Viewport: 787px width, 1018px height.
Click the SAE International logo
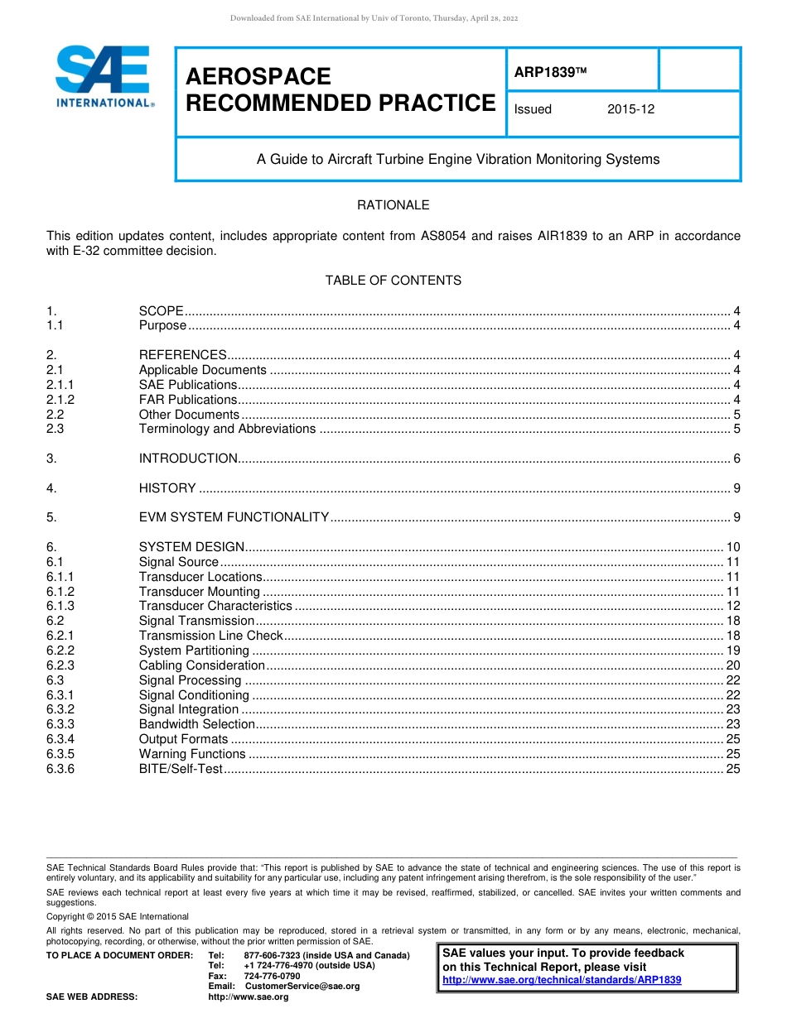coord(103,77)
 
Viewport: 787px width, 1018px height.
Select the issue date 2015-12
coord(630,109)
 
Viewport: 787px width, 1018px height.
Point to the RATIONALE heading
coord(393,205)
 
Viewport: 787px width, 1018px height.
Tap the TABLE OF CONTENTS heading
coord(393,281)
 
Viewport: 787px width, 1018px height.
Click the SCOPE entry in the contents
coord(161,311)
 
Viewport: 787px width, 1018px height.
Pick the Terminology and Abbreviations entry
coord(227,429)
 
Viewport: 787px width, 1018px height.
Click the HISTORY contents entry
coord(167,488)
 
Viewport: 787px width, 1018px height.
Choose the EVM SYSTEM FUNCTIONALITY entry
coord(234,517)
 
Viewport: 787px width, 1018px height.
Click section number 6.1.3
coord(60,607)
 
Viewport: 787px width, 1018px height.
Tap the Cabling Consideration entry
coord(202,665)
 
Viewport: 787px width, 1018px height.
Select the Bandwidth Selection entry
coord(196,724)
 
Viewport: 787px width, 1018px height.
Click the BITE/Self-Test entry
coord(181,769)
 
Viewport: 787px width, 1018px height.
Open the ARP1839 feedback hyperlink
coord(562,980)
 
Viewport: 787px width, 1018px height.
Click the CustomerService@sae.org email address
coord(302,987)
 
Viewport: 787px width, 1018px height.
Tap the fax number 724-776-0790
coord(272,977)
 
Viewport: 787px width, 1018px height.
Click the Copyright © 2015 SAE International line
coord(118,917)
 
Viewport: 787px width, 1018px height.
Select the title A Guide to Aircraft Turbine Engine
coord(458,159)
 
